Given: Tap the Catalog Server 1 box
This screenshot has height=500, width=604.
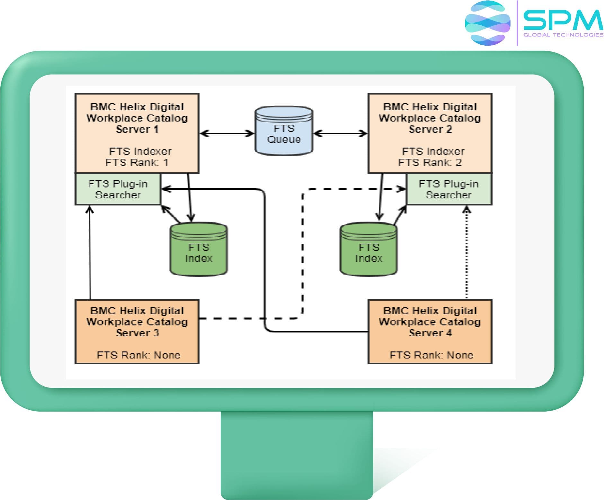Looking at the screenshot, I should point(137,133).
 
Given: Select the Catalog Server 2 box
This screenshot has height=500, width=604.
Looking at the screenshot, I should point(430,133).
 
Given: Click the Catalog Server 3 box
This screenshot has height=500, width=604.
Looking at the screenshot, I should point(137,332).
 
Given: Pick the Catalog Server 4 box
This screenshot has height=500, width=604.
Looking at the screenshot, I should point(430,332).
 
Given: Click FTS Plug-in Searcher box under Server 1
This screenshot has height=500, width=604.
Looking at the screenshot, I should point(118,189).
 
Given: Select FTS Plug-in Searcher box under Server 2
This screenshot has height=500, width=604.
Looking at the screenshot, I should point(449,189).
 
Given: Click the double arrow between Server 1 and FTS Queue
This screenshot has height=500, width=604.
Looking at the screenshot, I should point(227,133).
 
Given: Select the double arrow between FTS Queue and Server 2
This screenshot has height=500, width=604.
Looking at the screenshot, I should point(340,133).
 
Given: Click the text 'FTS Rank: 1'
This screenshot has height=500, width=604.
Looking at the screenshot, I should point(137,162).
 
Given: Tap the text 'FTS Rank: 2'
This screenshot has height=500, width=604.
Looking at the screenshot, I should point(430,162).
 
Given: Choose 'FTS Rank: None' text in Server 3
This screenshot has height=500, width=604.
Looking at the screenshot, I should point(138,355).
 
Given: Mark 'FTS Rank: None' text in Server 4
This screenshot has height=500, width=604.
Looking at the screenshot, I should point(431,355).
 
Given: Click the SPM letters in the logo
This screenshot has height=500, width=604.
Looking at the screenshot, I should point(563,20).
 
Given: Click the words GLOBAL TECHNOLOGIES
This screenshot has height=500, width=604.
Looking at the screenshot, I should point(563,35).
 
